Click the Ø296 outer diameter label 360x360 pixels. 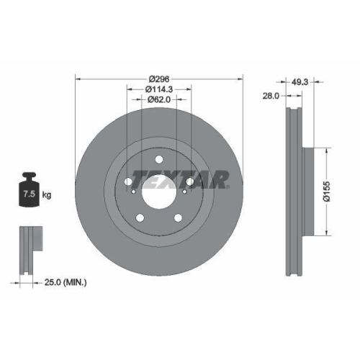click(x=158, y=79)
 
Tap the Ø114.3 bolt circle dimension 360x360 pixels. click(x=158, y=89)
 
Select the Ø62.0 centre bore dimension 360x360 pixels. click(x=158, y=100)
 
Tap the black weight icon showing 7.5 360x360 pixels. click(x=30, y=192)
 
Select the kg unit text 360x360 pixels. click(x=47, y=195)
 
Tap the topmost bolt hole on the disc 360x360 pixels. click(x=158, y=160)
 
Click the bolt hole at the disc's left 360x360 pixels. click(x=128, y=181)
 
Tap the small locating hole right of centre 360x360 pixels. click(x=185, y=192)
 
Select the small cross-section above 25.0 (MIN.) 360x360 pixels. click(x=27, y=248)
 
